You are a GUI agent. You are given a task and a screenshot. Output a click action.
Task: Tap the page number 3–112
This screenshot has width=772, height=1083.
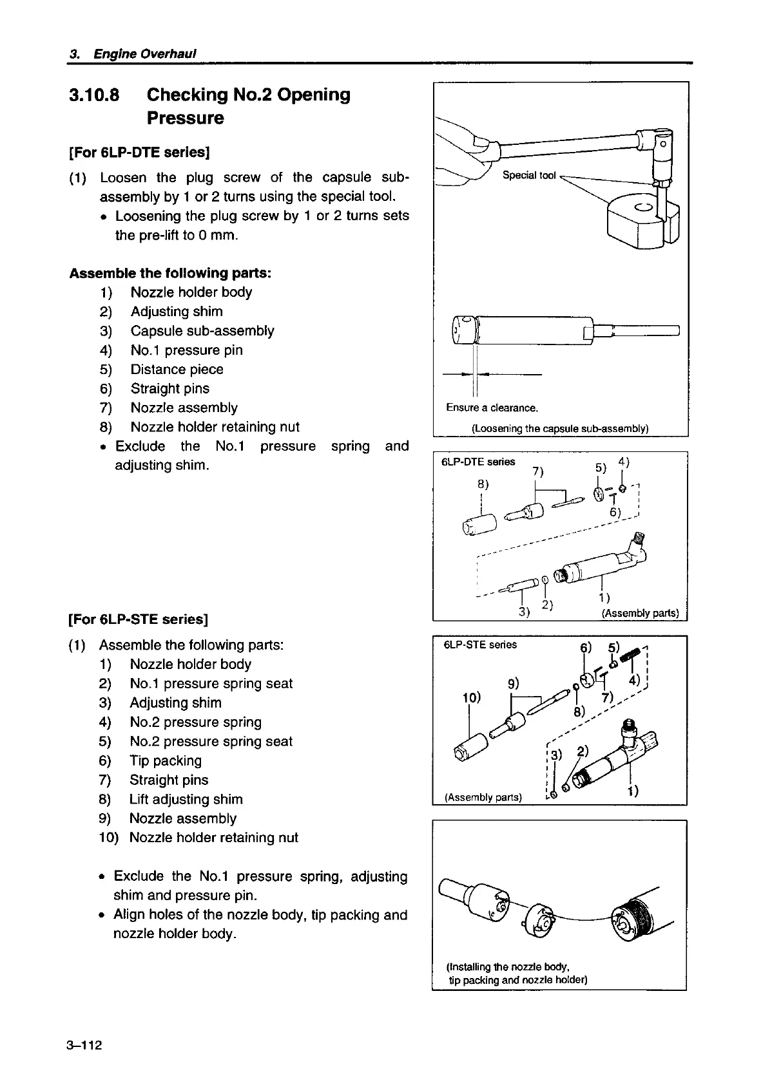(84, 1044)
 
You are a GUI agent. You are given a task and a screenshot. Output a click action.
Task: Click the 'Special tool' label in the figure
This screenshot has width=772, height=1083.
(528, 175)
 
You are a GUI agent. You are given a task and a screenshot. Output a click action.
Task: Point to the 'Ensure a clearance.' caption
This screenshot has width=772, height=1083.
(492, 408)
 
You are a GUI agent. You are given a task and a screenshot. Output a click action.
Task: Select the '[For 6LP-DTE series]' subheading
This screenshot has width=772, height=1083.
(140, 153)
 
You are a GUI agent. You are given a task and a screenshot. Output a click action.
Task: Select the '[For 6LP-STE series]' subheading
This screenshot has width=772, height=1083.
(138, 619)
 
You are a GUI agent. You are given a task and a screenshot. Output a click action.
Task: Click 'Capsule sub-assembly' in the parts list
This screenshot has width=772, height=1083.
(202, 331)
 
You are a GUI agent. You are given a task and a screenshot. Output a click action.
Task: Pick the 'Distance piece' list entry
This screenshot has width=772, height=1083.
(177, 370)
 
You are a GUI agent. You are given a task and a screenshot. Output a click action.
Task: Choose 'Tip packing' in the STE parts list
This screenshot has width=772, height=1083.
(166, 761)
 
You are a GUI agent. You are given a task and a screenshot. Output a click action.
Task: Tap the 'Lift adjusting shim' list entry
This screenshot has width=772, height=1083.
(186, 800)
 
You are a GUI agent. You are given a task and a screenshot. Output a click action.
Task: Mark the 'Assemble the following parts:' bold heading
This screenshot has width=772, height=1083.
(170, 273)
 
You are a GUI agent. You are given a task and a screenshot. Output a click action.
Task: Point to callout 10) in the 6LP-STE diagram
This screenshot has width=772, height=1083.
(472, 698)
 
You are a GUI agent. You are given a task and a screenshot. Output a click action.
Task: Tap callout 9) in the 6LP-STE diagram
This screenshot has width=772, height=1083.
(514, 683)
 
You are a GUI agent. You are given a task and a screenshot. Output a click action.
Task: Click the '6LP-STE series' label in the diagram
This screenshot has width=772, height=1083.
(480, 645)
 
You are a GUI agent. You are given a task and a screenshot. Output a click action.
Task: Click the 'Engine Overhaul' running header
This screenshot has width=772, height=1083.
(144, 53)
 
